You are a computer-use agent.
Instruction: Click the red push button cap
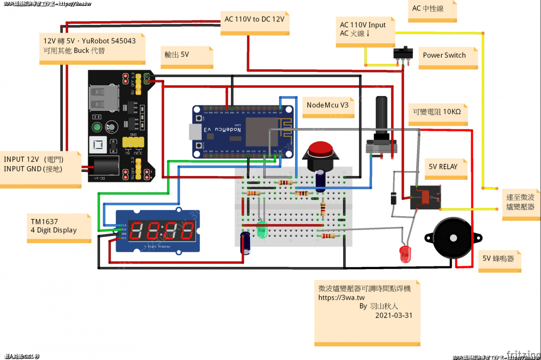click(320, 149)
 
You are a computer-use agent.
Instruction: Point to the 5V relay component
click(425, 197)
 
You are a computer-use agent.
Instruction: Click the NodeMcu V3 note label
click(328, 105)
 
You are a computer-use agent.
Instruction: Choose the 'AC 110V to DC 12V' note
click(254, 19)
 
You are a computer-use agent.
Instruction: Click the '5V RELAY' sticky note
click(443, 167)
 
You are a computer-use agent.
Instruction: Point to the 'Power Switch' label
click(444, 55)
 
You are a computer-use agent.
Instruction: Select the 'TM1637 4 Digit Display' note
click(54, 226)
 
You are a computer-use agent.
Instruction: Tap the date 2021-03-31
click(393, 315)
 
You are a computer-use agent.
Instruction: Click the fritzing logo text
click(522, 354)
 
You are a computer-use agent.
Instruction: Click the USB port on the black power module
click(103, 99)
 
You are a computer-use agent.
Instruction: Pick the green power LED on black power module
click(97, 127)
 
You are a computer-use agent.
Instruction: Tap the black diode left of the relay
click(393, 198)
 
